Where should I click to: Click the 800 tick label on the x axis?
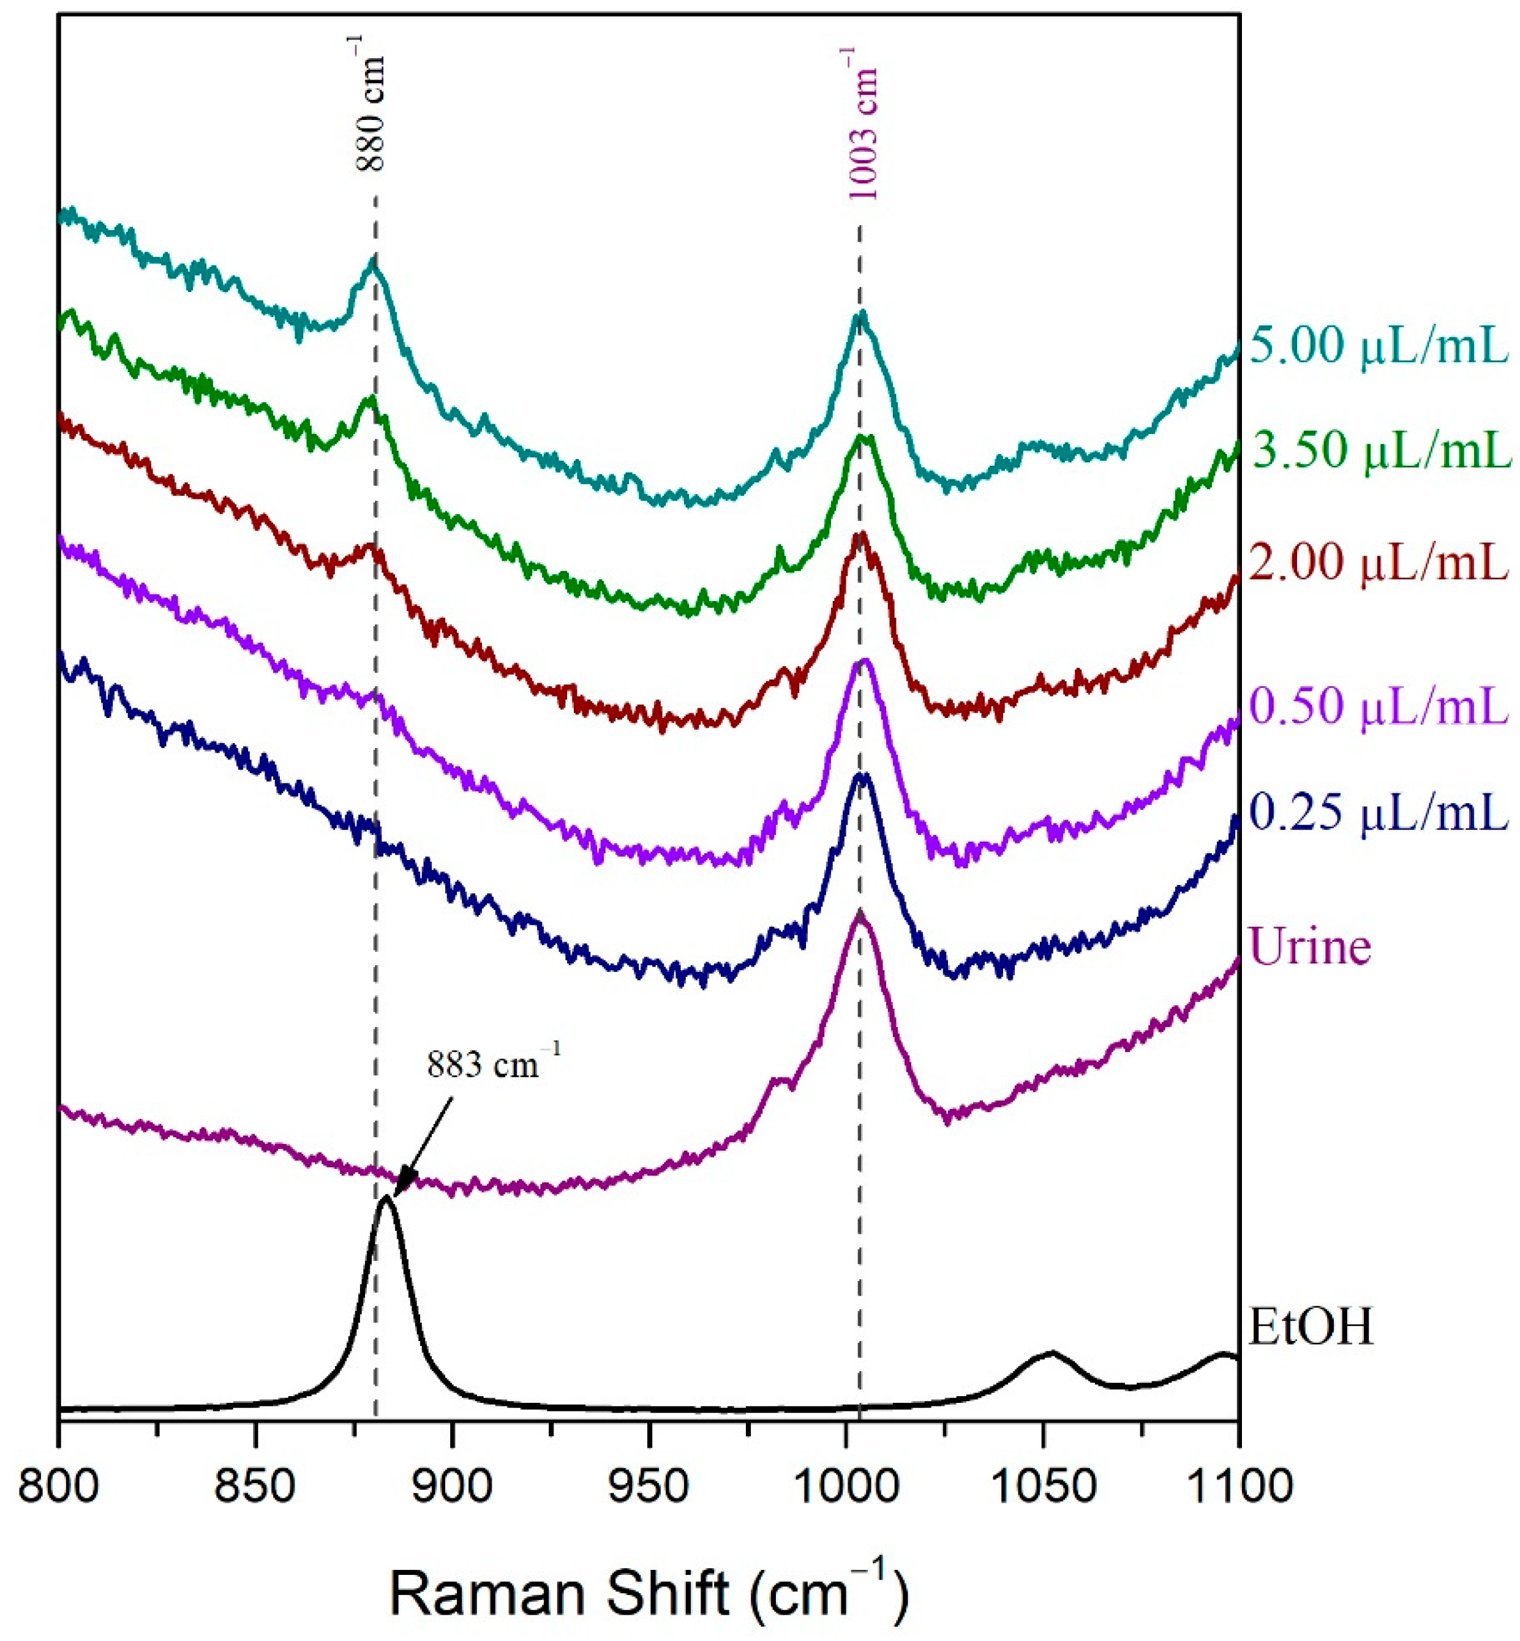tap(58, 1486)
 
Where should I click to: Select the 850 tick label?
tap(255, 1486)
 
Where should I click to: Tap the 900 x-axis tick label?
tap(451, 1486)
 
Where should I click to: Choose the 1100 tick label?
tap(1238, 1486)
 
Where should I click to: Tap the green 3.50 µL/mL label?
tap(1382, 450)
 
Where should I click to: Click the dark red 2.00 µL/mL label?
tap(1379, 564)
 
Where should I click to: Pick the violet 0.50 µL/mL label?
tap(1379, 706)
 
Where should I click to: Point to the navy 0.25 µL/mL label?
tap(1379, 815)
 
